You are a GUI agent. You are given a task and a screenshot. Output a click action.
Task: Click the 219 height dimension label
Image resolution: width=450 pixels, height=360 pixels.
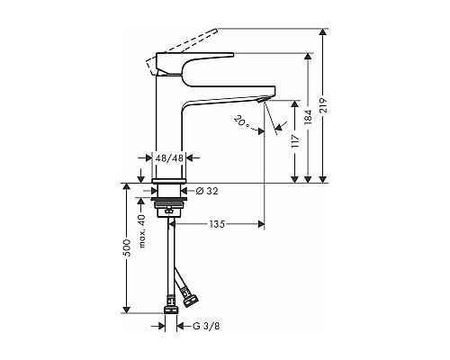323,105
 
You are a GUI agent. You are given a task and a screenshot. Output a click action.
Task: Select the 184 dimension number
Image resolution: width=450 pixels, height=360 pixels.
308,117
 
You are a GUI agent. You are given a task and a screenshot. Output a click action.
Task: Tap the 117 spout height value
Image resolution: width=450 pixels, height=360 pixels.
295,140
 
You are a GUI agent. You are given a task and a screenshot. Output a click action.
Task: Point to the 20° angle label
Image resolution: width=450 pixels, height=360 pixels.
241,122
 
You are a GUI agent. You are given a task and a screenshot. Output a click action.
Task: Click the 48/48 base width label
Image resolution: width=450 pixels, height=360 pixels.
169,158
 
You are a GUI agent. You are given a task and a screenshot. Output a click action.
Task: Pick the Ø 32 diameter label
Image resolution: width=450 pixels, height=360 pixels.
207,191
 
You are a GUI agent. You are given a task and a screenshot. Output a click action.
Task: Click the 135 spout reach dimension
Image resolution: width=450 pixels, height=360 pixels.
217,224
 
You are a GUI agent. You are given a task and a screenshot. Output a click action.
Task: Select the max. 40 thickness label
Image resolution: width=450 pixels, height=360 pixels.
142,231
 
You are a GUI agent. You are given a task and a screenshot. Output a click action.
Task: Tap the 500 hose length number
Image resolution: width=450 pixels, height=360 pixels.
128,247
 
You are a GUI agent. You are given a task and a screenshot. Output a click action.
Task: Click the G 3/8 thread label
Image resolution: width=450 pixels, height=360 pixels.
206,326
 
